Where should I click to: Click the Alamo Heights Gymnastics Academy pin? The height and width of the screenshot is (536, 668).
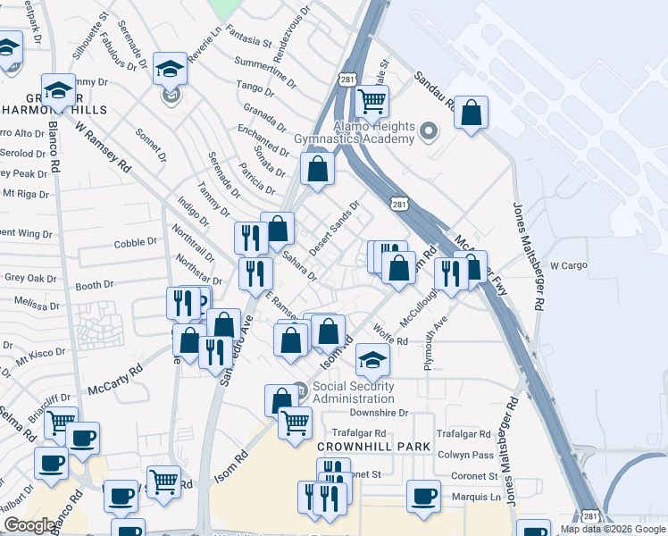428,132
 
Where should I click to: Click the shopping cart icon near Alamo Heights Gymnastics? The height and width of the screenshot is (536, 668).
372,101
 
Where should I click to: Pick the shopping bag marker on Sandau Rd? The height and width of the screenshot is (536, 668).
471,113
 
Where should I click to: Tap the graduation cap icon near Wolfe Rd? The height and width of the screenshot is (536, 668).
372,360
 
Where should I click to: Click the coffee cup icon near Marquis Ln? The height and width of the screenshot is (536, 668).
423,497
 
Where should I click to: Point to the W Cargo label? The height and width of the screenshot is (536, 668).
568,265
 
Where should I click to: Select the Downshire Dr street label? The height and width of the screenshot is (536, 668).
379,413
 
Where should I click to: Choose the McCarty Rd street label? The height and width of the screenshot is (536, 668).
115,379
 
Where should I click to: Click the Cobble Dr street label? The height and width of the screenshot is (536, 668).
136,243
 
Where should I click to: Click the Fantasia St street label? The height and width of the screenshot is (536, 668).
247,40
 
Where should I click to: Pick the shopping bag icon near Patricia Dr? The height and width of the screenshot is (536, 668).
317,168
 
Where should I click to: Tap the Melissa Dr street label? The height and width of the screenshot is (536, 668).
31,305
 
